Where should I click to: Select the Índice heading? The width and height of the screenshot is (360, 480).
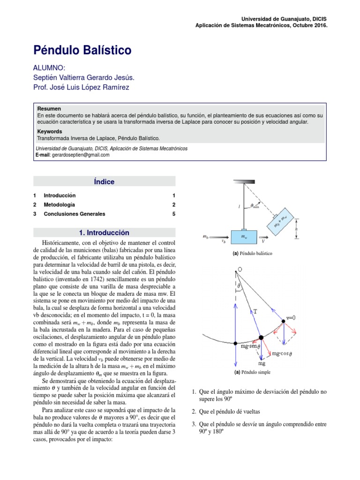[x=104, y=182]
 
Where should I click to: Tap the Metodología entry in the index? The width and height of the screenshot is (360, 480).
[x=59, y=205]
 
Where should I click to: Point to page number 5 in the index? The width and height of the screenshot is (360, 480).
[x=173, y=214]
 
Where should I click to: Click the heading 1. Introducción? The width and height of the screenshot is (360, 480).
[x=104, y=232]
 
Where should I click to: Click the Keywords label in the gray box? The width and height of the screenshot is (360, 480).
[x=49, y=132]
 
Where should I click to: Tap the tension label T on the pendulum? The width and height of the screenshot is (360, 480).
[x=255, y=311]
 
